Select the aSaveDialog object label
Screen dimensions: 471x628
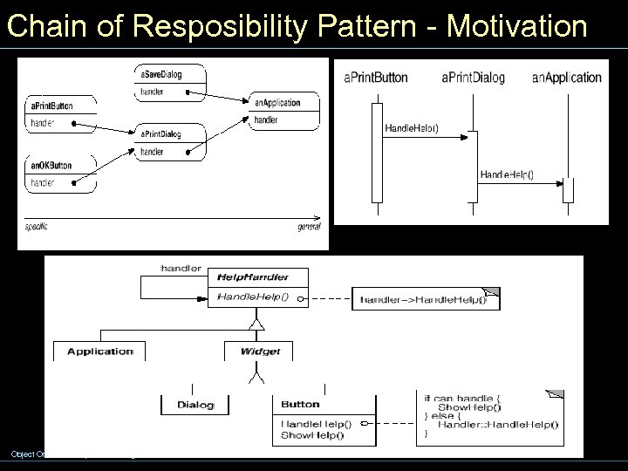point(160,75)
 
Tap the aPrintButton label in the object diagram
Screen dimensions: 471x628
point(51,106)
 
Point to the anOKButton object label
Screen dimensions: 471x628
point(51,165)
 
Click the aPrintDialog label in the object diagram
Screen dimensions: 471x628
point(160,133)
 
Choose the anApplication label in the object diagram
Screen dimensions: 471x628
point(277,102)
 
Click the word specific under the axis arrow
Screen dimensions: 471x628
point(36,227)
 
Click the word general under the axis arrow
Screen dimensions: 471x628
point(308,227)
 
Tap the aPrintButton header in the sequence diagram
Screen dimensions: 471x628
point(376,78)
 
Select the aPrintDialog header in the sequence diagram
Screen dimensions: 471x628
point(473,78)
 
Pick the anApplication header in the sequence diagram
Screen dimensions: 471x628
point(567,78)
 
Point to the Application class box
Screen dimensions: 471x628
point(99,352)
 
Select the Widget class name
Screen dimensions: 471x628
point(259,352)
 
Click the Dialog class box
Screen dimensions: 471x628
point(195,404)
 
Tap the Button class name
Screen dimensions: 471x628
point(301,404)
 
